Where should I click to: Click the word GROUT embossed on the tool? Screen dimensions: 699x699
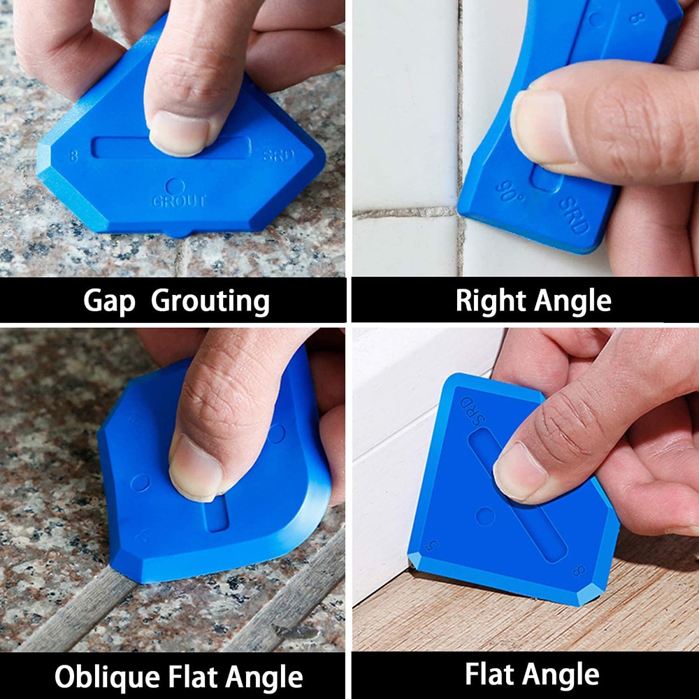[180, 201]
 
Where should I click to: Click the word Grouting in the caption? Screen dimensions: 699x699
[210, 301]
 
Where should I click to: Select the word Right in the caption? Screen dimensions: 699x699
[490, 301]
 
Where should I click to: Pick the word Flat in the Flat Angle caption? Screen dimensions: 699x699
[492, 675]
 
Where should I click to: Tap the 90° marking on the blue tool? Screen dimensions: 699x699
[510, 191]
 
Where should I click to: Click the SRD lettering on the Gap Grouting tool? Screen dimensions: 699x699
[278, 155]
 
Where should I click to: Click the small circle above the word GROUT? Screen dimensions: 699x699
[175, 186]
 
